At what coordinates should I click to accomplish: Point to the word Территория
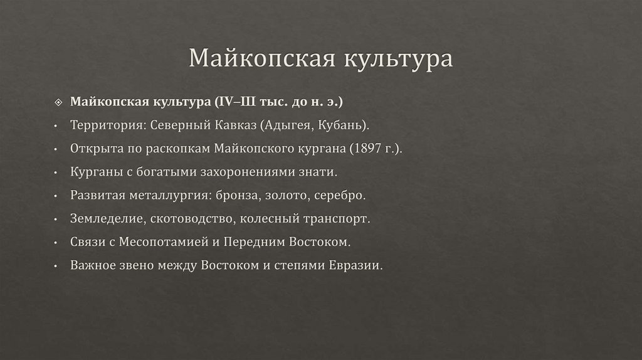(107, 125)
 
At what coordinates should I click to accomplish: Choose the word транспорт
(340, 219)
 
